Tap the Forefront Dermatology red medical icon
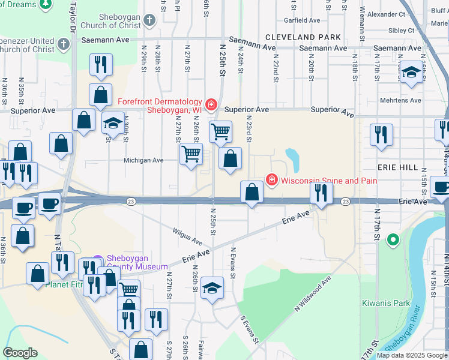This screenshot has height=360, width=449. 211,106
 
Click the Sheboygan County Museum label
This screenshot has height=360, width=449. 137,263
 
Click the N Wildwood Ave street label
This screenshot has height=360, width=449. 313,294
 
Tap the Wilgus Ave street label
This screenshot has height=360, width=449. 187,236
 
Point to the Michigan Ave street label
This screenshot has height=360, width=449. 143,161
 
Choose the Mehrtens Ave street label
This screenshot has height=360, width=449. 400,100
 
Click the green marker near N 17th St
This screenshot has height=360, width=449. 393,240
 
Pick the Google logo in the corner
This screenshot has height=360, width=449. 20,353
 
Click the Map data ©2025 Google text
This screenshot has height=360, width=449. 411,355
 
